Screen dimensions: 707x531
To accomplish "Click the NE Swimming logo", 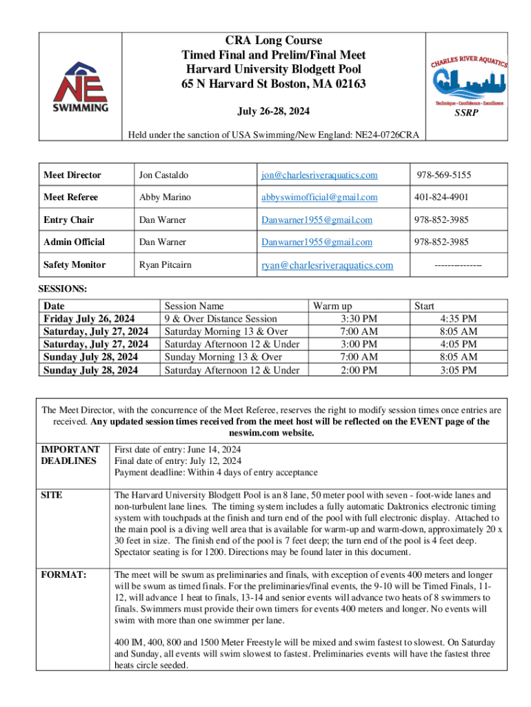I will [x=81, y=86].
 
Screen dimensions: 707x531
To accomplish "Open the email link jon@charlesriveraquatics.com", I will [x=319, y=175].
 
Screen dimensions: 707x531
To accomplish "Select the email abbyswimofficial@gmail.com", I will [x=319, y=197].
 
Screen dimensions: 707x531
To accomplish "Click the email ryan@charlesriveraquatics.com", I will [x=326, y=265].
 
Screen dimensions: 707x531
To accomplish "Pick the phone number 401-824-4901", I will [x=441, y=197].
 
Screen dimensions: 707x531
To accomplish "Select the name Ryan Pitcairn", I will [x=166, y=265].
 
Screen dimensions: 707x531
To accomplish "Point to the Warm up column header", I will [x=332, y=306].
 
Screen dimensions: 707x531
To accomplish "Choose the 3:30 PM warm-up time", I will [x=359, y=319].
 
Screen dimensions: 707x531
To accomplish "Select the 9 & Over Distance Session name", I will [x=220, y=319].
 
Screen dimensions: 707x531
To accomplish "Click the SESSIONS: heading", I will [x=63, y=288].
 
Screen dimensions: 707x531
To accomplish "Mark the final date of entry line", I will [x=178, y=461].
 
